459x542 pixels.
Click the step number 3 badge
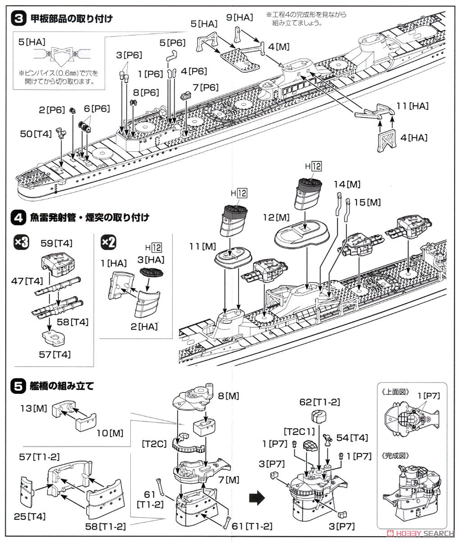point(18,19)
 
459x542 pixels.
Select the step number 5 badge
point(18,387)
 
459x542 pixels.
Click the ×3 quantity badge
point(21,243)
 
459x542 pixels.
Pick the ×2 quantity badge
point(108,243)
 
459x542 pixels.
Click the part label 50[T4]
point(36,134)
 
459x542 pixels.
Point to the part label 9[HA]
point(239,18)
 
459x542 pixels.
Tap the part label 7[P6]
point(206,87)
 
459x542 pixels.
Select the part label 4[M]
point(279,47)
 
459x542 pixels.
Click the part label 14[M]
point(347,184)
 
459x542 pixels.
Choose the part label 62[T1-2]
point(320,402)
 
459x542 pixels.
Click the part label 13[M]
point(34,408)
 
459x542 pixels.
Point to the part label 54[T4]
point(352,438)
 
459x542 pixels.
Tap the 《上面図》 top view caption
point(395,392)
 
